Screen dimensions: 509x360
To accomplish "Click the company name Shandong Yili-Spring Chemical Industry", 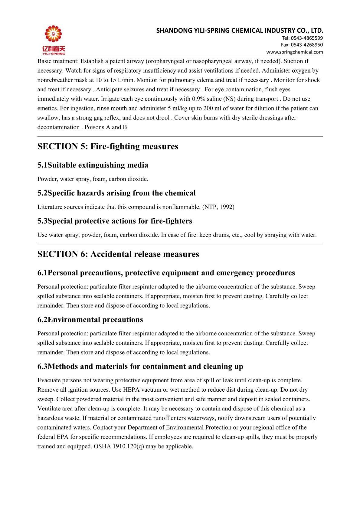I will [x=240, y=31].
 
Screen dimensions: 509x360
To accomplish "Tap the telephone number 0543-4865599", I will [x=306, y=38].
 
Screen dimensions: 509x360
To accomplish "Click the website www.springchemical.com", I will [x=294, y=52].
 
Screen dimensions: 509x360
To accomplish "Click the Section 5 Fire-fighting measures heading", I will [x=108, y=146].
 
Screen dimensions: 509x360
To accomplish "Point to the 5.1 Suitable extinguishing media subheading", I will [x=93, y=165].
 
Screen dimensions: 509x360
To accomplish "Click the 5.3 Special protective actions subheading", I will [x=115, y=221].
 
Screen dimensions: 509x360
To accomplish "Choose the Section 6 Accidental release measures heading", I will [x=118, y=254].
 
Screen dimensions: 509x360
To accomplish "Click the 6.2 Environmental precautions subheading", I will [x=90, y=320].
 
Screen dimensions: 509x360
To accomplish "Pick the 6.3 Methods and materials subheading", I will [x=140, y=367].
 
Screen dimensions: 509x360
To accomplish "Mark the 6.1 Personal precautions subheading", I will [x=166, y=273].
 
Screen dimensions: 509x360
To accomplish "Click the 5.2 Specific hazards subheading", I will [x=116, y=193].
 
